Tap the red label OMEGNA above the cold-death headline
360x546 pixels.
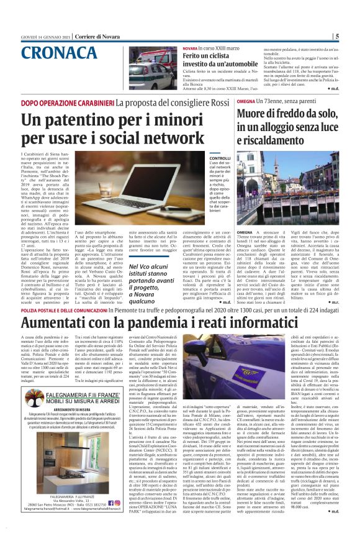(245, 101)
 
